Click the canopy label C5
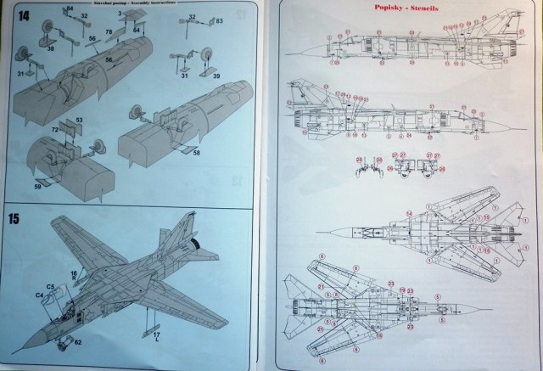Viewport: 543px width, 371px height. tap(50, 287)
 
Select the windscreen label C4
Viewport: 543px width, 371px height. tap(39, 295)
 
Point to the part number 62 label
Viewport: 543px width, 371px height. tap(77, 342)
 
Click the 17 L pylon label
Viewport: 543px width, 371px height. tap(156, 339)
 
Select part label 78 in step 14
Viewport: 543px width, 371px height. tap(109, 32)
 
